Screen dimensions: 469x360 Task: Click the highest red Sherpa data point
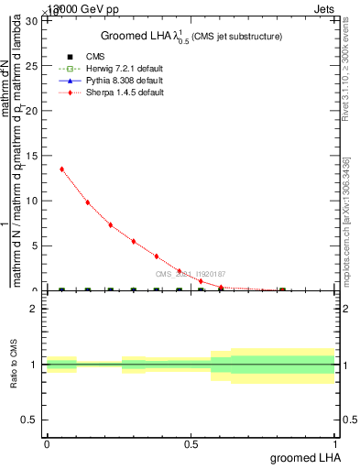[x=61, y=169]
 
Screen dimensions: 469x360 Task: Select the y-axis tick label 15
[x=34, y=156]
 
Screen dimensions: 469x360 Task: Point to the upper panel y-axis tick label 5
[x=37, y=245]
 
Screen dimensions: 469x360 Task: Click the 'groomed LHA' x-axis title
[x=303, y=457]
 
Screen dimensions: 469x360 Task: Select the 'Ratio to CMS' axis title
[x=15, y=365]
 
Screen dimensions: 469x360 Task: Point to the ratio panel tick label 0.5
[x=32, y=420]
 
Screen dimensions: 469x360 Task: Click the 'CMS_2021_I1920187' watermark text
[x=190, y=274]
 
